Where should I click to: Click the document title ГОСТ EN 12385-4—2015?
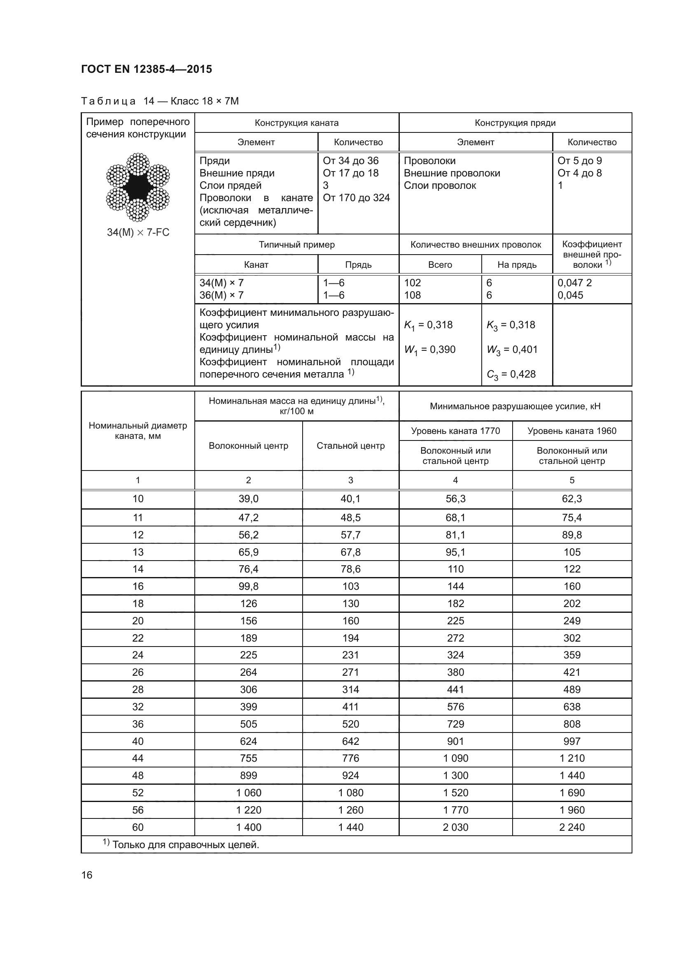coord(146,69)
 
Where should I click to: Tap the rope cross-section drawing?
coord(138,187)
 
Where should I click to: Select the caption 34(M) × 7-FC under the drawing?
coord(138,232)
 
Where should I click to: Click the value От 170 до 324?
coord(356,198)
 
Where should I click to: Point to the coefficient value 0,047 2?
coord(574,283)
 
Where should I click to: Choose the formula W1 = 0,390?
coord(429,350)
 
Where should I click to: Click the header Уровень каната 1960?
coord(571,431)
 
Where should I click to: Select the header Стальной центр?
coord(350,445)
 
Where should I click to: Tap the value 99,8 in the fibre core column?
coord(248,586)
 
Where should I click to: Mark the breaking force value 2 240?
coord(571,827)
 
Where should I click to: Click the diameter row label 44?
coord(138,758)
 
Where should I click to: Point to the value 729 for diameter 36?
coord(455,723)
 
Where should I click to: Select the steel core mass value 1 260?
coord(350,810)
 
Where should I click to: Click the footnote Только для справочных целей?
coord(181,844)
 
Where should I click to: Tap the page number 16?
coord(87,875)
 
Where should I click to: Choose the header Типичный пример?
coord(296,245)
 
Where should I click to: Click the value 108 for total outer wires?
coord(413,295)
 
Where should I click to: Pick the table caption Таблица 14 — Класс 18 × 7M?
coord(160,101)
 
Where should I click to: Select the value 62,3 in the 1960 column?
coord(571,498)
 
